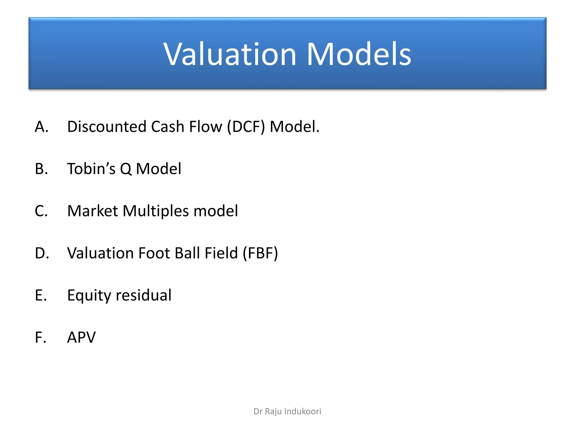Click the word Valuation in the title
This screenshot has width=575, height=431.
point(230,54)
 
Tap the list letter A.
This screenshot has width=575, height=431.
point(41,127)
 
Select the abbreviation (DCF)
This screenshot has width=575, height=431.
point(246,127)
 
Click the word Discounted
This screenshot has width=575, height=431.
point(107,127)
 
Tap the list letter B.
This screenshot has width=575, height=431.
point(41,169)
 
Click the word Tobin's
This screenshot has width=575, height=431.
point(91,169)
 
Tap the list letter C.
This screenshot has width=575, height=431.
point(41,211)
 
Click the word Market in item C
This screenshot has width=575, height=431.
point(93,211)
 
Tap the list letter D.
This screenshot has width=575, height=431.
point(41,253)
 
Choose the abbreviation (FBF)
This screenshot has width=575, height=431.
point(260,253)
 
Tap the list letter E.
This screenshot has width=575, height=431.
point(40,295)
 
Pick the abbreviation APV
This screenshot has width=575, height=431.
point(81,337)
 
